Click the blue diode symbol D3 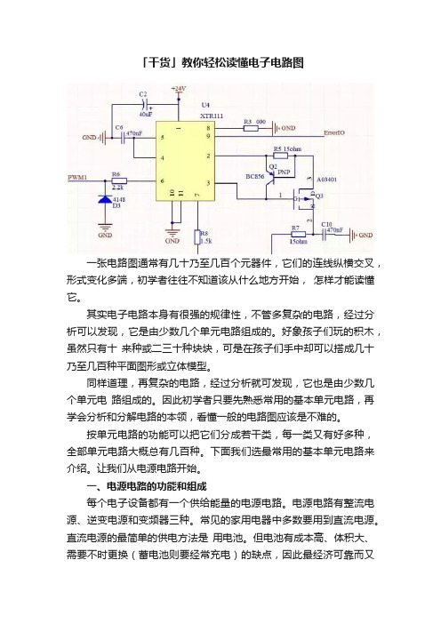(x=105, y=199)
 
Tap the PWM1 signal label (x=77, y=177)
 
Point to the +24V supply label (x=179, y=88)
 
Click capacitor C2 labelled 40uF (x=147, y=105)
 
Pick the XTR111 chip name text (x=212, y=116)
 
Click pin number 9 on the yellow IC (x=208, y=136)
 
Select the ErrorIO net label (x=334, y=132)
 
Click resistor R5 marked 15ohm (x=281, y=156)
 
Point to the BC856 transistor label (x=254, y=176)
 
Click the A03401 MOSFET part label (x=327, y=180)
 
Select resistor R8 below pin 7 (x=197, y=237)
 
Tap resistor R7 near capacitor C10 (x=298, y=235)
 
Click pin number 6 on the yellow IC (x=163, y=181)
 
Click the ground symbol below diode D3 (x=105, y=228)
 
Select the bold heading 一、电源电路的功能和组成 (x=147, y=486)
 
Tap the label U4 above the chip (x=205, y=105)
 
